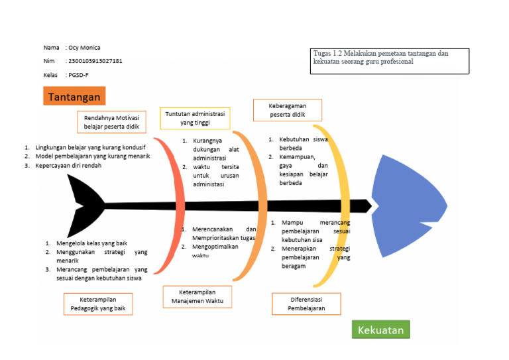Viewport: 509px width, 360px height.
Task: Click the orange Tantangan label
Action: [x=74, y=97]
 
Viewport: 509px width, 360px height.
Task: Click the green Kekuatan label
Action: [x=380, y=330]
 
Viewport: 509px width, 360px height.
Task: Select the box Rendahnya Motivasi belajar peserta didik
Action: [x=111, y=121]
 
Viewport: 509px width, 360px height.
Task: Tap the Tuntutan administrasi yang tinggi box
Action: [x=195, y=118]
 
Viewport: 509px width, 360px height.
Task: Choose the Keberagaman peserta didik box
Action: [x=288, y=110]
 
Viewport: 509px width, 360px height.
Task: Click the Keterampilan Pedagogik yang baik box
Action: [x=98, y=304]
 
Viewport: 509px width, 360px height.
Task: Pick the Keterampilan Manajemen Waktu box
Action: [x=197, y=296]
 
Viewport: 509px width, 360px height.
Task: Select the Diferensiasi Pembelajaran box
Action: [x=307, y=304]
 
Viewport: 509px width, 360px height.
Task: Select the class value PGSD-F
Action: [x=78, y=75]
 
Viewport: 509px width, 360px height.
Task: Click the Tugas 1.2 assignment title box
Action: [x=389, y=60]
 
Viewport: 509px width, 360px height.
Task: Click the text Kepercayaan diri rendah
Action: [x=68, y=165]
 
